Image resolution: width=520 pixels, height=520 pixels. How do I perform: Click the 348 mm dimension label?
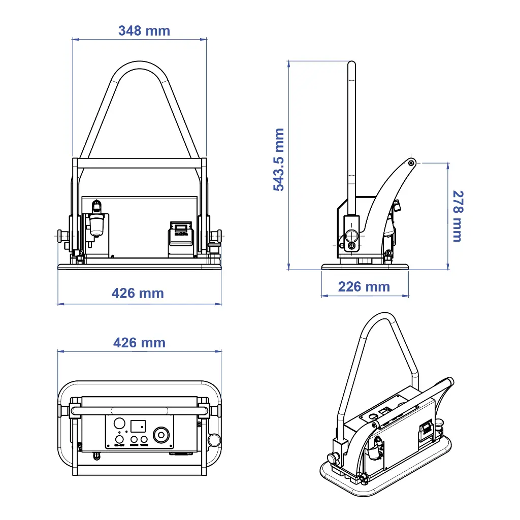[144, 31]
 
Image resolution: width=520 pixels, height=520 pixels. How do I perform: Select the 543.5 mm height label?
[279, 159]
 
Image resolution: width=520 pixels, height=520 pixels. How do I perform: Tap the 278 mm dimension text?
[457, 216]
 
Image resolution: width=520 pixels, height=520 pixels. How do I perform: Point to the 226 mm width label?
[364, 287]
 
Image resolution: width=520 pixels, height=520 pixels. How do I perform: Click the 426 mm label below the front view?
[138, 294]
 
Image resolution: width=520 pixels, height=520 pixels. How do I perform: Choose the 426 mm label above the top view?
[139, 343]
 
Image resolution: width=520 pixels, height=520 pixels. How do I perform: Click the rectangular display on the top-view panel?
[138, 426]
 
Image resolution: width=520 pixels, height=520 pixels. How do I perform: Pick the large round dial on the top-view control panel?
[161, 435]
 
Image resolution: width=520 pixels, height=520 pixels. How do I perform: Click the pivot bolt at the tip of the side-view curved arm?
[411, 162]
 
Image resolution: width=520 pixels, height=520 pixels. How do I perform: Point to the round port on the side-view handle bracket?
[351, 236]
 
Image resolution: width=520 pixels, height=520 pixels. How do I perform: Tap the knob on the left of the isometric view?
[332, 459]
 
